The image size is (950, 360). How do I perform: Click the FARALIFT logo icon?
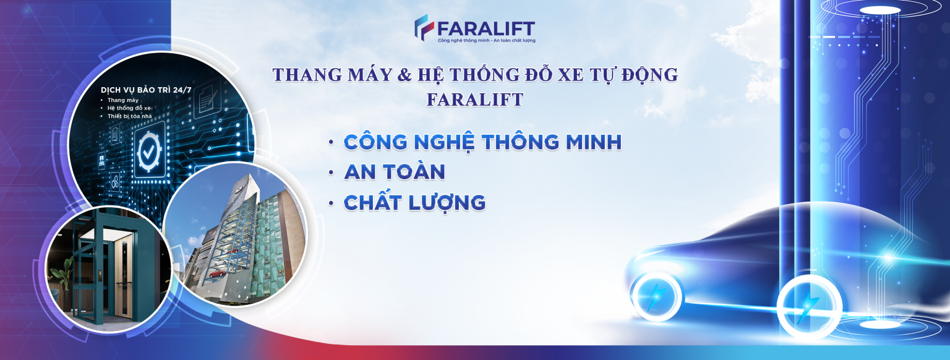pos(424,27)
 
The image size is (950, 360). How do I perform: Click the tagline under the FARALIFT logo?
pos(487,41)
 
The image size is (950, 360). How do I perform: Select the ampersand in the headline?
pos(404,75)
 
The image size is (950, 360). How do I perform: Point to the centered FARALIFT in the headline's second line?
pos(475,100)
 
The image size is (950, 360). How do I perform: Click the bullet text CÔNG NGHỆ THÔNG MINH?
pos(482,142)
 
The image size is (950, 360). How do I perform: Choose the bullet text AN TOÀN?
pos(395,172)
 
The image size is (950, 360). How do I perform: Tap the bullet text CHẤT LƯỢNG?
pos(414,203)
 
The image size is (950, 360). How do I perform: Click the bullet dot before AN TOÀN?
pos(332,173)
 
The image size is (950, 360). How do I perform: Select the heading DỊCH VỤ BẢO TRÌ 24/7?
pos(146,90)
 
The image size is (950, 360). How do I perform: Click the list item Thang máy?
pos(123,100)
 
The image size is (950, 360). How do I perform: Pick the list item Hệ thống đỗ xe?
pos(129,108)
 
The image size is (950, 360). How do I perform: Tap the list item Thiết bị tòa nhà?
pos(129,116)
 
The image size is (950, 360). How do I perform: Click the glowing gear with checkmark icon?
pos(149,152)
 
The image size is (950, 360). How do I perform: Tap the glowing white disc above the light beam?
pos(881,10)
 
